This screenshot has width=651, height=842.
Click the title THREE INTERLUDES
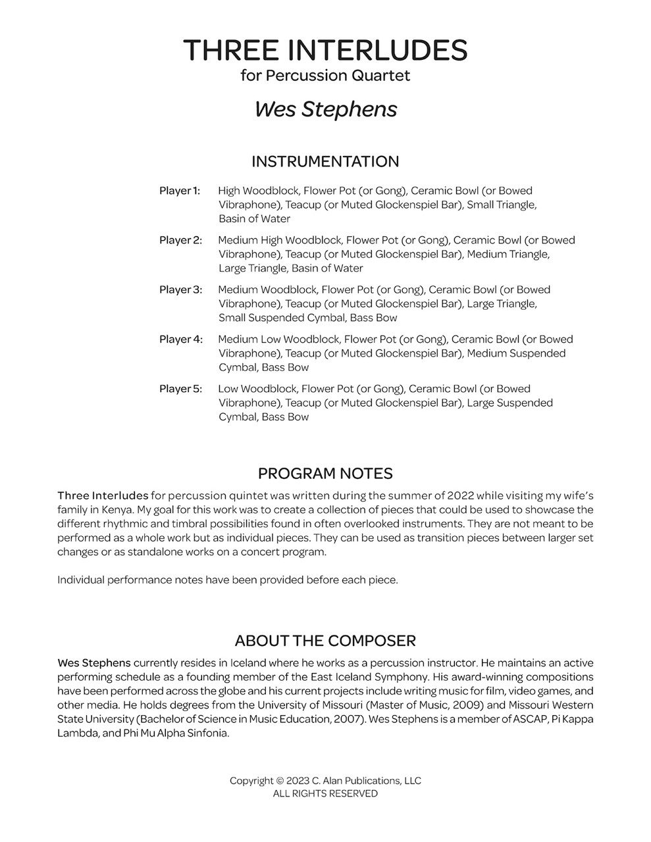point(325,50)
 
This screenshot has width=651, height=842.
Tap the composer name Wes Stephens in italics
point(325,109)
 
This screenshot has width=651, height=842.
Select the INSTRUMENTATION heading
point(325,162)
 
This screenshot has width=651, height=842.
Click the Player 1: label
point(179,191)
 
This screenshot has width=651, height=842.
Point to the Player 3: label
point(180,289)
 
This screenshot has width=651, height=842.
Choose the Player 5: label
point(180,389)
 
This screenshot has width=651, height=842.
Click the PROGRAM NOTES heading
point(325,474)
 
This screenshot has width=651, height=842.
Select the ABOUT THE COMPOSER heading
point(325,641)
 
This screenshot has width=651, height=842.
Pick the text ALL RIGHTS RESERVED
point(325,794)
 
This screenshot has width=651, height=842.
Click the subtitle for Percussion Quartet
point(325,76)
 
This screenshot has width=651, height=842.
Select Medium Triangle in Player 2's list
point(508,254)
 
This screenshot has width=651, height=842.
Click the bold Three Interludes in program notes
point(103,495)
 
